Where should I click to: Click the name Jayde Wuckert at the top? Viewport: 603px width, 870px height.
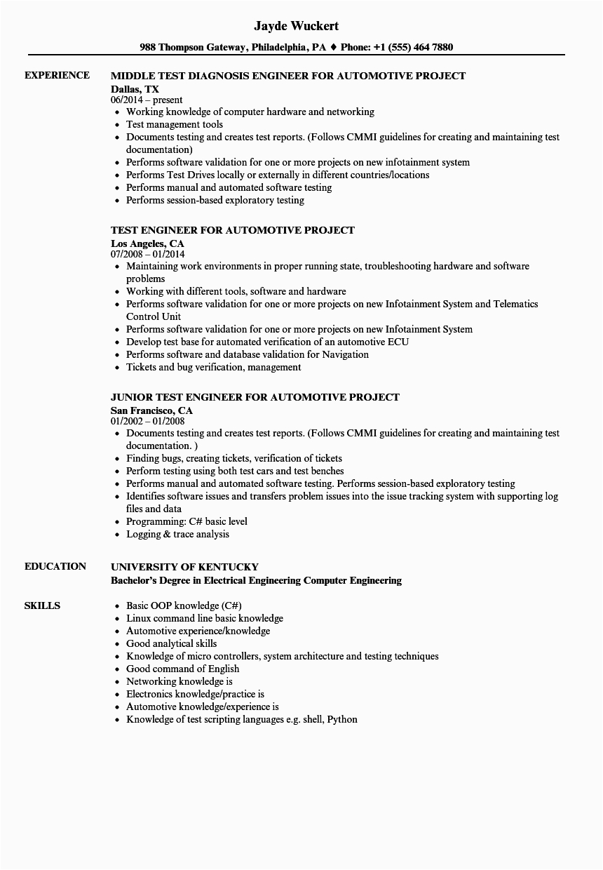click(x=297, y=26)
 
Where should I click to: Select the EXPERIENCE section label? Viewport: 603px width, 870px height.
click(x=57, y=75)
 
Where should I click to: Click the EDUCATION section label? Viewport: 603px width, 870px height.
click(x=55, y=566)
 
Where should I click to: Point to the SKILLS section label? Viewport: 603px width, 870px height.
click(x=42, y=605)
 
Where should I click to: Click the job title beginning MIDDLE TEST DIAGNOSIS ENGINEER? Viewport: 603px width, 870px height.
click(x=288, y=76)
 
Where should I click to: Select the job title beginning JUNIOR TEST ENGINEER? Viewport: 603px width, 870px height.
click(x=255, y=397)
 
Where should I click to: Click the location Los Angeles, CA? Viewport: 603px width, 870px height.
click(x=147, y=243)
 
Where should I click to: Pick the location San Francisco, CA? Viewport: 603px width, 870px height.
click(x=151, y=410)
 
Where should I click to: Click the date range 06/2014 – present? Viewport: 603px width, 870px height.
click(x=147, y=100)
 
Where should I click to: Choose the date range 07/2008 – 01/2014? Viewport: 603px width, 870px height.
click(x=148, y=254)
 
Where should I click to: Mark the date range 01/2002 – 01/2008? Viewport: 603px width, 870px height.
click(x=148, y=421)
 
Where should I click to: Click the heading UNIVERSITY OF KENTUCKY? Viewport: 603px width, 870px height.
click(x=185, y=567)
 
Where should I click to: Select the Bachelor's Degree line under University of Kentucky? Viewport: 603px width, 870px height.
click(x=256, y=580)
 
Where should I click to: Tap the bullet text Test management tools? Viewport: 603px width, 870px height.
click(x=175, y=124)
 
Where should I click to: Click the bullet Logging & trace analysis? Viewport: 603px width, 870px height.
click(x=177, y=534)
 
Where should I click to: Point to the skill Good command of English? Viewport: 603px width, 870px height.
click(x=182, y=669)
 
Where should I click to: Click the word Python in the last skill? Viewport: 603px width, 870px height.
click(x=342, y=719)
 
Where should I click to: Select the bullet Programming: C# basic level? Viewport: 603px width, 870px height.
click(x=187, y=521)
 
